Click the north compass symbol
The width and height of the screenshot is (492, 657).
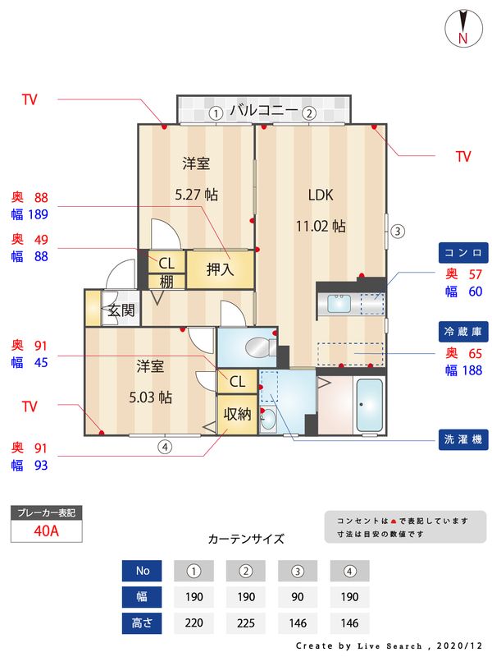(462, 28)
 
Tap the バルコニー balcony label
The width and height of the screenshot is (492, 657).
(262, 110)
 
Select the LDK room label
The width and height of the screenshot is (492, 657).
(320, 195)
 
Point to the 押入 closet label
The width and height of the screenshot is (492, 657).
(220, 269)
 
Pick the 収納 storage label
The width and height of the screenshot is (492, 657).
(237, 414)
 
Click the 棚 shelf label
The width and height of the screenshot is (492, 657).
(166, 282)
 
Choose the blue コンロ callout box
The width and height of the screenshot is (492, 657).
(463, 252)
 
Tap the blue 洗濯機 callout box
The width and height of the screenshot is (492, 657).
(463, 439)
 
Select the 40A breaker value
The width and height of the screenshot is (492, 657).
(46, 531)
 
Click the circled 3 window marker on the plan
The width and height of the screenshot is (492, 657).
(396, 231)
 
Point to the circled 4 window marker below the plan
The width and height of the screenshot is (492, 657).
(165, 447)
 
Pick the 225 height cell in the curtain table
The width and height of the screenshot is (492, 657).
(244, 623)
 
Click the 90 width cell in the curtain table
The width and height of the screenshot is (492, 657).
(298, 596)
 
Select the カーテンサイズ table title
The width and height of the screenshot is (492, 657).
(246, 540)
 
